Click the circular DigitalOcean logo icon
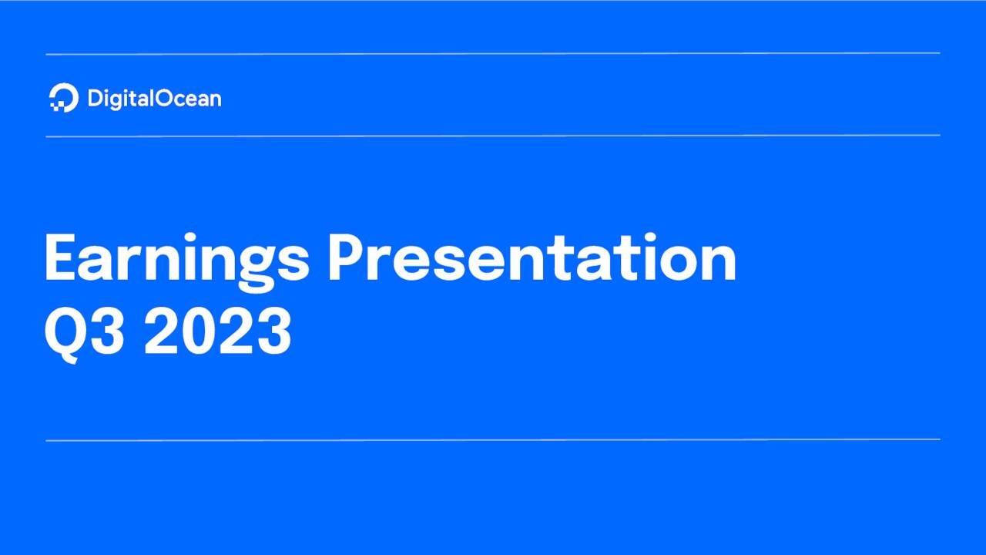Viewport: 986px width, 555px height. pyautogui.click(x=64, y=98)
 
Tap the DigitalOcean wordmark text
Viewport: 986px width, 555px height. pyautogui.click(x=154, y=99)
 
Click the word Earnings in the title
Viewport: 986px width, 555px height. pyautogui.click(x=176, y=260)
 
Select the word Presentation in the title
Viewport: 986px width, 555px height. pyautogui.click(x=532, y=260)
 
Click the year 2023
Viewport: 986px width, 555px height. pyautogui.click(x=218, y=333)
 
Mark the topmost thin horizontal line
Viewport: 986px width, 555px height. pyautogui.click(x=493, y=54)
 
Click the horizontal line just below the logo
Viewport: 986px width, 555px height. pyautogui.click(x=493, y=136)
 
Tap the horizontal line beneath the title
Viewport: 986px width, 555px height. pyautogui.click(x=493, y=440)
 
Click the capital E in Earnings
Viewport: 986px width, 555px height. pyautogui.click(x=60, y=260)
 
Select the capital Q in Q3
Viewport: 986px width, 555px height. pyautogui.click(x=63, y=333)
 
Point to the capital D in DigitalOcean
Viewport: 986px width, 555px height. pyautogui.click(x=95, y=99)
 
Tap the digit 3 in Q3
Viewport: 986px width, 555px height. pyautogui.click(x=107, y=333)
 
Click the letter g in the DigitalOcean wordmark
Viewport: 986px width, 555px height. pyautogui.click(x=117, y=101)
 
